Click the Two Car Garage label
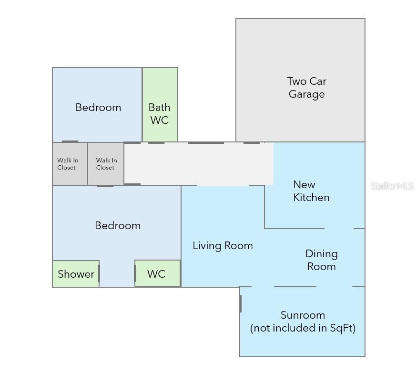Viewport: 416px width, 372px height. click(307, 88)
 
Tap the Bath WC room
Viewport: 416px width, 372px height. click(160, 105)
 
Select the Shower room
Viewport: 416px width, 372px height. click(76, 273)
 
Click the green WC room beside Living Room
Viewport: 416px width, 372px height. click(158, 273)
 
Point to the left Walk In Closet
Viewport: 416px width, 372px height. click(70, 163)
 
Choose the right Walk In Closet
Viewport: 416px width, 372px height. click(106, 163)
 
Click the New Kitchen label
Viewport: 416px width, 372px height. click(311, 191)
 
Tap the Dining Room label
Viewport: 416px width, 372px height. click(322, 260)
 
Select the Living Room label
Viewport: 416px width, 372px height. click(223, 246)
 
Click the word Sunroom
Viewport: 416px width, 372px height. click(303, 315)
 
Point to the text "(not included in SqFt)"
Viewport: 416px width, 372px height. click(303, 328)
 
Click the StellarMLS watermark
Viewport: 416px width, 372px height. click(392, 186)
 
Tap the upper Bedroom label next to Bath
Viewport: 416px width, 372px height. click(98, 107)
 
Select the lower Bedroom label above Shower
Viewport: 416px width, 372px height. click(118, 226)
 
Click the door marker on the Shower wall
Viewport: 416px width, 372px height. click(99, 273)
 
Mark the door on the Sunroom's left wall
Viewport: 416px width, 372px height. click(240, 304)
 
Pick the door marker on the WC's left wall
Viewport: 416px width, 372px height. click(135, 273)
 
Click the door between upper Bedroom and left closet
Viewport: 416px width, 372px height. click(70, 141)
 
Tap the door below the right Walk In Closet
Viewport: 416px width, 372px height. click(105, 186)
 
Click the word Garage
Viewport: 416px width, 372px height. click(307, 94)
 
